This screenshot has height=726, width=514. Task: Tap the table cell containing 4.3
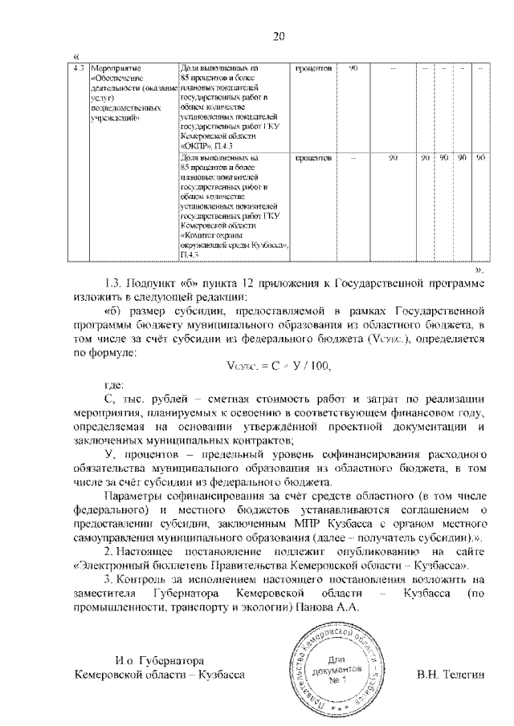pyautogui.click(x=78, y=70)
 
